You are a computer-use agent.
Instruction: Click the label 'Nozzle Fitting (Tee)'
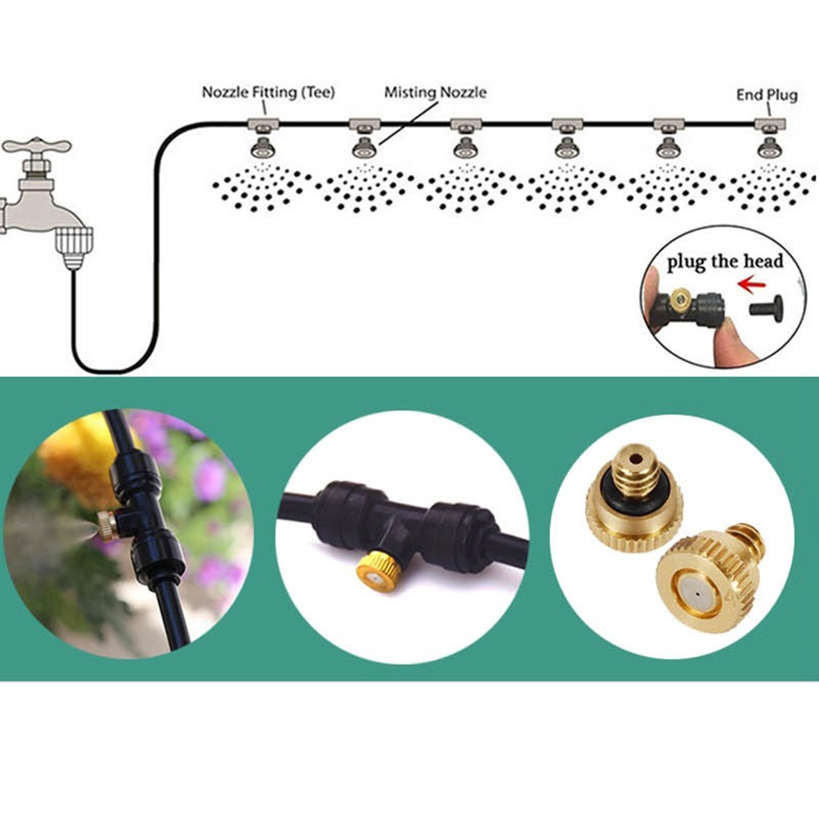tap(268, 92)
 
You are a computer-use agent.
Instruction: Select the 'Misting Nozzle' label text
tap(435, 92)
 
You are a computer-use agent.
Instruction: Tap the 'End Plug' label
tap(766, 95)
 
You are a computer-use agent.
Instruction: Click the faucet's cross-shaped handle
tap(36, 147)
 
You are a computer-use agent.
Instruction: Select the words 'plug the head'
tap(724, 262)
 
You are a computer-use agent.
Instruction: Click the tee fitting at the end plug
tap(768, 125)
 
